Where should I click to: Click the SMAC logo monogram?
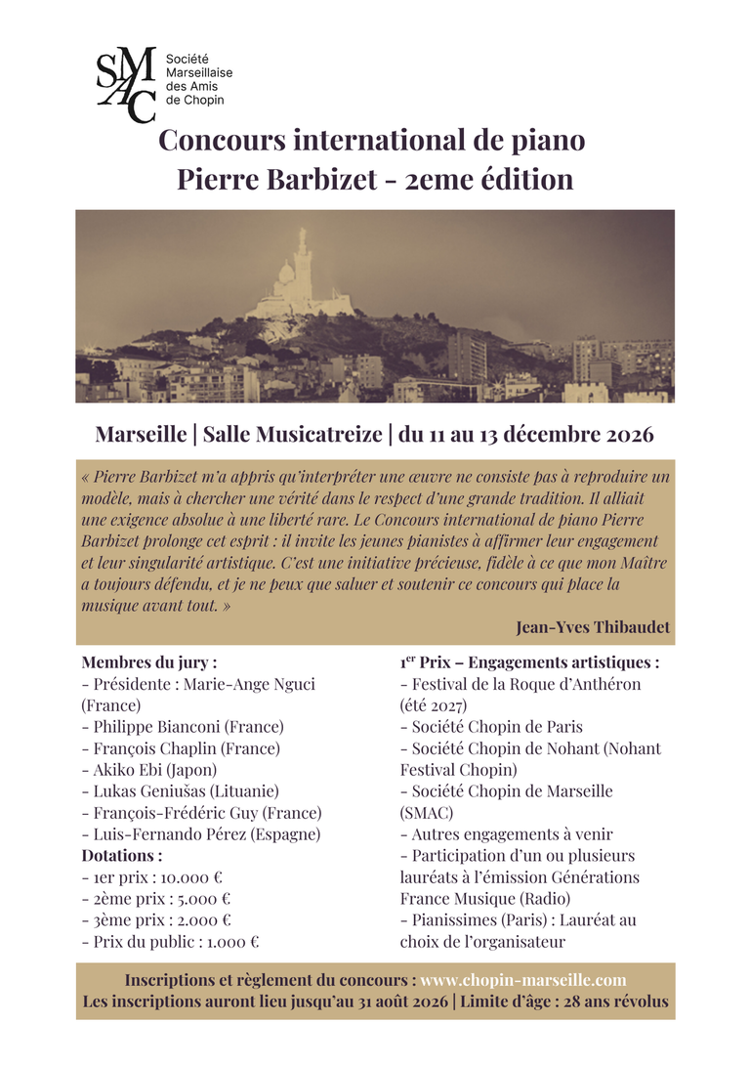(125, 84)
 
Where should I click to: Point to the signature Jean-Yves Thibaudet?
(593, 627)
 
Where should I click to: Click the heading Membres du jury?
(149, 662)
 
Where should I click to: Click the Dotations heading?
(122, 856)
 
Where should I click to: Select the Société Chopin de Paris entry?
(497, 727)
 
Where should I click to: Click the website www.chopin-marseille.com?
(522, 980)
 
